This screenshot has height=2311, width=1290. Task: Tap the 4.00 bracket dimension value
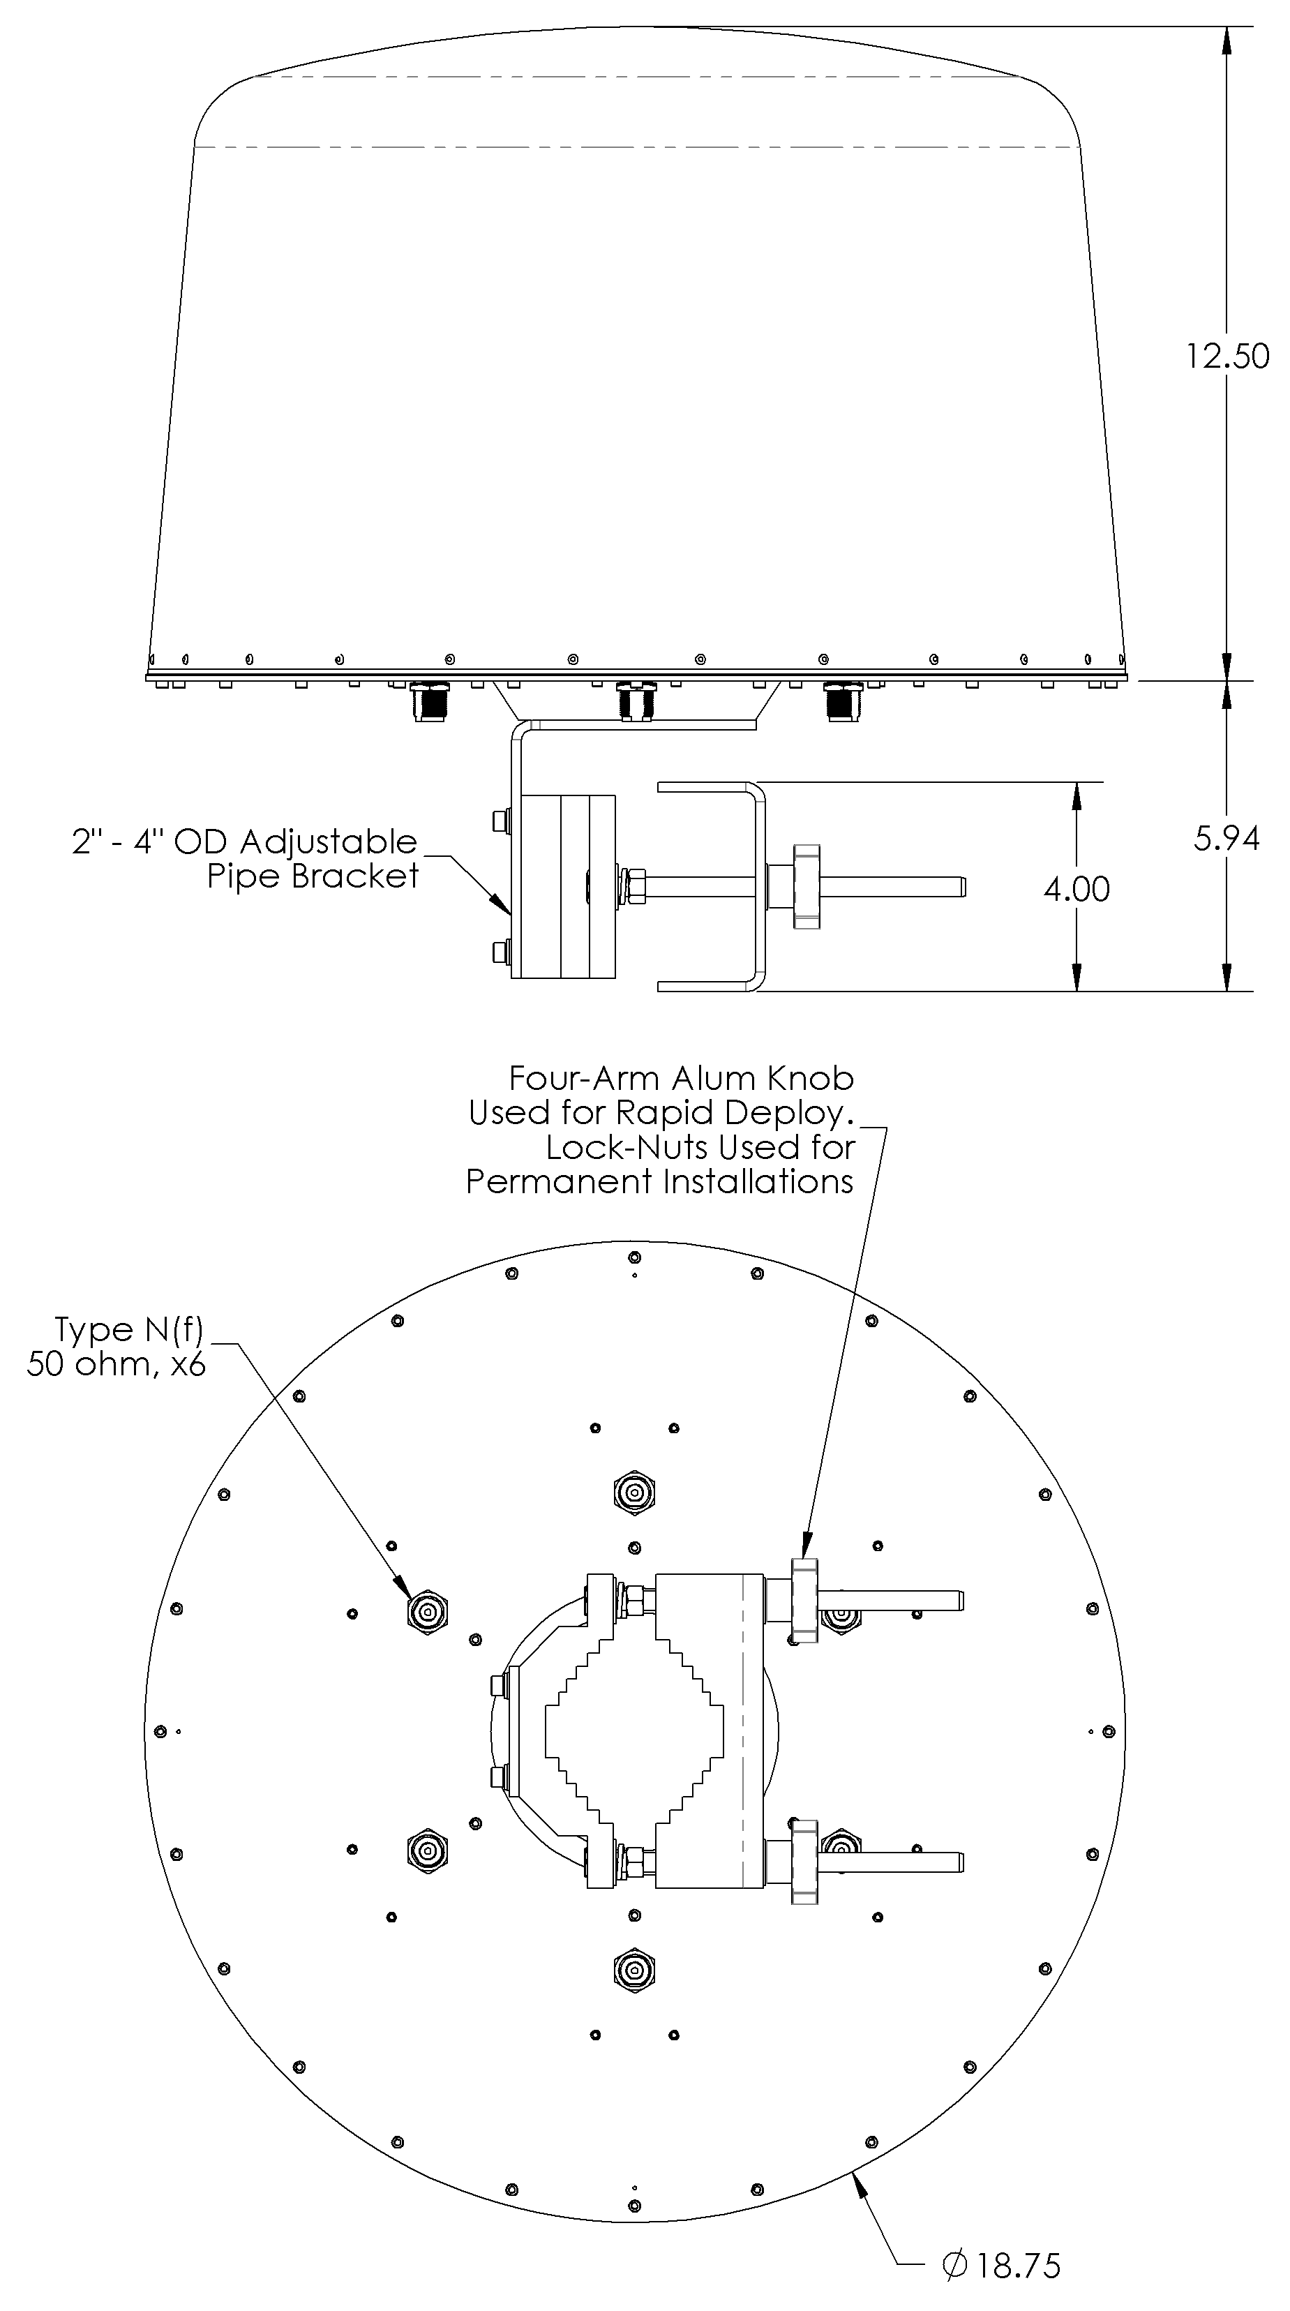1077,889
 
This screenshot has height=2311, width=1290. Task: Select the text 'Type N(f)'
129,1329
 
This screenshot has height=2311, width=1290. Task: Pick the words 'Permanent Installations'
659,1181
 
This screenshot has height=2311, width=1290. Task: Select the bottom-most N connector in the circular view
634,1969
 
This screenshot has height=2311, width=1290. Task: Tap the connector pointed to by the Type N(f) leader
427,1614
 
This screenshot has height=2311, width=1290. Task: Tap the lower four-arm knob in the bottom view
804,1862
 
